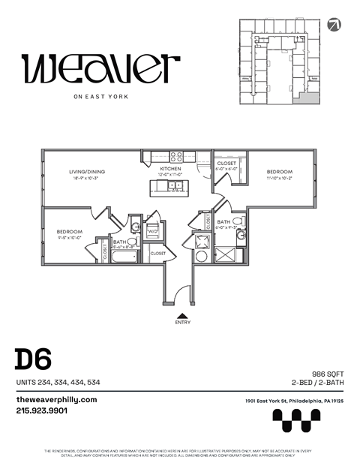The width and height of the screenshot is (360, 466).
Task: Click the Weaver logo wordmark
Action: click(101, 69)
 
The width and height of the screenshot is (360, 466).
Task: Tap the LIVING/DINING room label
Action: click(88, 172)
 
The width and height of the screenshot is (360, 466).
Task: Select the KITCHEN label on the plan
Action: click(170, 170)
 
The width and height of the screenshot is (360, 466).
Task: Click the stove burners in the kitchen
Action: click(177, 157)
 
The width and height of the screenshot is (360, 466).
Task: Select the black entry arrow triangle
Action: click(182, 314)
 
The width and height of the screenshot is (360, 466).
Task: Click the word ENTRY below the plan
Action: click(182, 323)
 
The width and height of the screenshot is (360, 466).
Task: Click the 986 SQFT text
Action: click(327, 373)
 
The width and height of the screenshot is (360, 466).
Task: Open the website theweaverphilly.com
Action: click(56, 400)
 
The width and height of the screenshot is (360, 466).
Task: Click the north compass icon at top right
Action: click(334, 25)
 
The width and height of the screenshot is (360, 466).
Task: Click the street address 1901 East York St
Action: click(294, 401)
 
